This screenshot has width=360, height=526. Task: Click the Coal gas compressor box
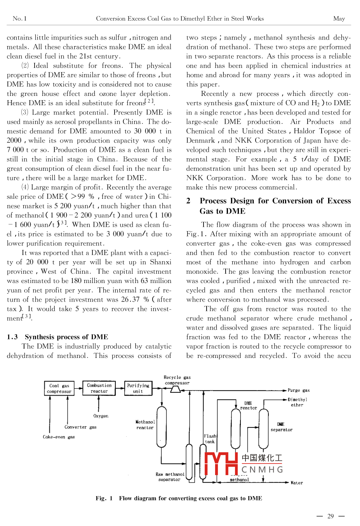(59, 389)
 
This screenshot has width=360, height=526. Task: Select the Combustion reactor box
(99, 388)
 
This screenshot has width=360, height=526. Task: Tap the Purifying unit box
(138, 388)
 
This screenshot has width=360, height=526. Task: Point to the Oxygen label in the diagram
(101, 416)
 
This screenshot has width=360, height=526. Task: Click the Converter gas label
(80, 427)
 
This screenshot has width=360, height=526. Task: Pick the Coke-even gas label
(59, 437)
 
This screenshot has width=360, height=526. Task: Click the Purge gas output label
(298, 390)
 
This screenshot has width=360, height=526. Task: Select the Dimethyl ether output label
(297, 402)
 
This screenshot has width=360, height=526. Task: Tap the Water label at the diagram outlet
(297, 483)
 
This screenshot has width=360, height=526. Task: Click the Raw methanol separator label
(170, 477)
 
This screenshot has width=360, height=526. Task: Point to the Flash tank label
(210, 439)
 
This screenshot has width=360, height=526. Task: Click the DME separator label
(281, 427)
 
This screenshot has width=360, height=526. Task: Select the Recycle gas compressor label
(177, 380)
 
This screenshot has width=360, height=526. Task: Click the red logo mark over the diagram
(221, 464)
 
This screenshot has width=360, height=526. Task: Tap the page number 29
(330, 516)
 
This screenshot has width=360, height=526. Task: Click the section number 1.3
(12, 337)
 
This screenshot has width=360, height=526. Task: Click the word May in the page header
(339, 19)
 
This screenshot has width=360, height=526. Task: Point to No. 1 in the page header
(19, 19)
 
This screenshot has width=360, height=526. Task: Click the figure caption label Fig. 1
(104, 498)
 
